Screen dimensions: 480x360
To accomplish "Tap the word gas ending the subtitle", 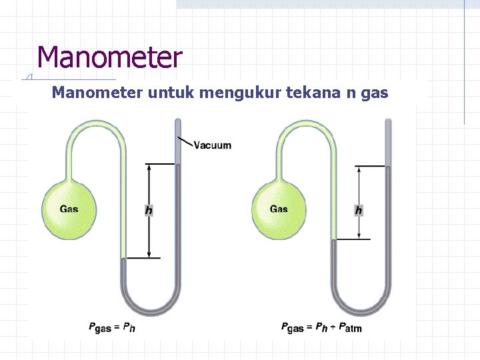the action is click(x=374, y=93).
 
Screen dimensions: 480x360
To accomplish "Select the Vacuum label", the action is click(x=213, y=145).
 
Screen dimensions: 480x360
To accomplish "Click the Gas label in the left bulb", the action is click(x=69, y=209).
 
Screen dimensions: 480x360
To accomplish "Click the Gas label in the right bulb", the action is click(x=279, y=209).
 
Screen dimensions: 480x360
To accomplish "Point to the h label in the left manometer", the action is click(x=149, y=211).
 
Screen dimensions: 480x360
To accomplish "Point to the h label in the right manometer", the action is click(x=359, y=211).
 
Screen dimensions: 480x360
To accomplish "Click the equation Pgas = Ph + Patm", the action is click(x=321, y=327).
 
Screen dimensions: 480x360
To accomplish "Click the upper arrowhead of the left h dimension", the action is click(x=149, y=167).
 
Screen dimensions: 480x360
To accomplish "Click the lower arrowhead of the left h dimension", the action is click(x=149, y=254).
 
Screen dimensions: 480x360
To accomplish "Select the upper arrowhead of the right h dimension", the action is click(x=359, y=169).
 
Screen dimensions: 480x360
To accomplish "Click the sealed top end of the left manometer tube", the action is click(x=177, y=121).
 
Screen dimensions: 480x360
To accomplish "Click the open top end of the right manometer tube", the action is click(x=388, y=121).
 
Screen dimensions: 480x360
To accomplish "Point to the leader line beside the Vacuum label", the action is click(x=186, y=141).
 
